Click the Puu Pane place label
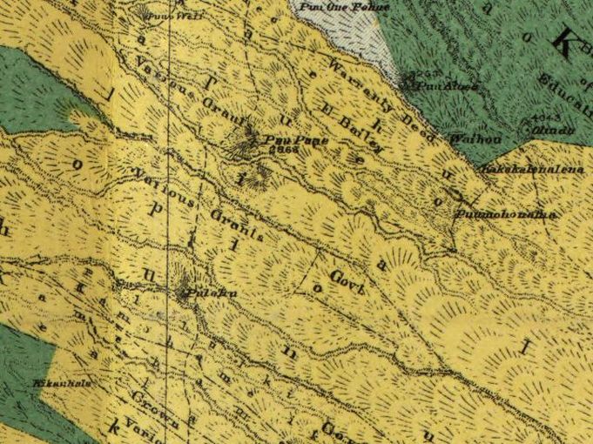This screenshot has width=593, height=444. [287, 138]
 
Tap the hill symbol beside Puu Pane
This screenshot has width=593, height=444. [251, 139]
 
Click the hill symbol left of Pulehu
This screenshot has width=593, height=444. [182, 293]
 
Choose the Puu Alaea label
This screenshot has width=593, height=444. [438, 87]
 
